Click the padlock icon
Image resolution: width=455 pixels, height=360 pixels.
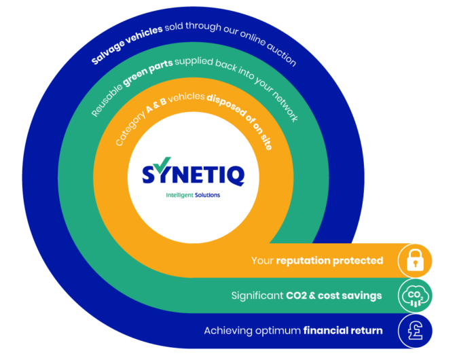(415, 260)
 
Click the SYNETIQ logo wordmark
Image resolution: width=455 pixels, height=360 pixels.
(194, 173)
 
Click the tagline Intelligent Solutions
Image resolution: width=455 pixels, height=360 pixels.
(193, 195)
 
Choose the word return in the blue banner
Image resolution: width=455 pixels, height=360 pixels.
(367, 331)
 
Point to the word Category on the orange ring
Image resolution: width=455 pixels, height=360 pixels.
(128, 131)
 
